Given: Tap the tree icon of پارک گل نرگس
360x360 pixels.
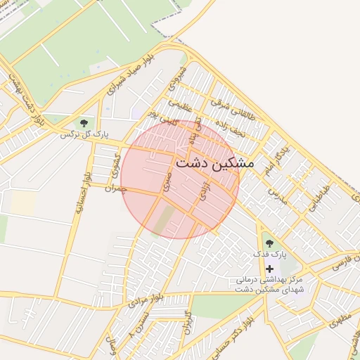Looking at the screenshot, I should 84,124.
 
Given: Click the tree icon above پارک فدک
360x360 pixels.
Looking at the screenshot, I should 269,243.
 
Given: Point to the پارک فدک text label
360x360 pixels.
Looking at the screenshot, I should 269,254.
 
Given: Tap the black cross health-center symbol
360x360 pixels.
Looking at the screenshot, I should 269,269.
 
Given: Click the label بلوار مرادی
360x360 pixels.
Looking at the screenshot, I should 146,297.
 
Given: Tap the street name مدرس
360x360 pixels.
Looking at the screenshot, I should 278,197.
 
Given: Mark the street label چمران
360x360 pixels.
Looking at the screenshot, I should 114,188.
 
